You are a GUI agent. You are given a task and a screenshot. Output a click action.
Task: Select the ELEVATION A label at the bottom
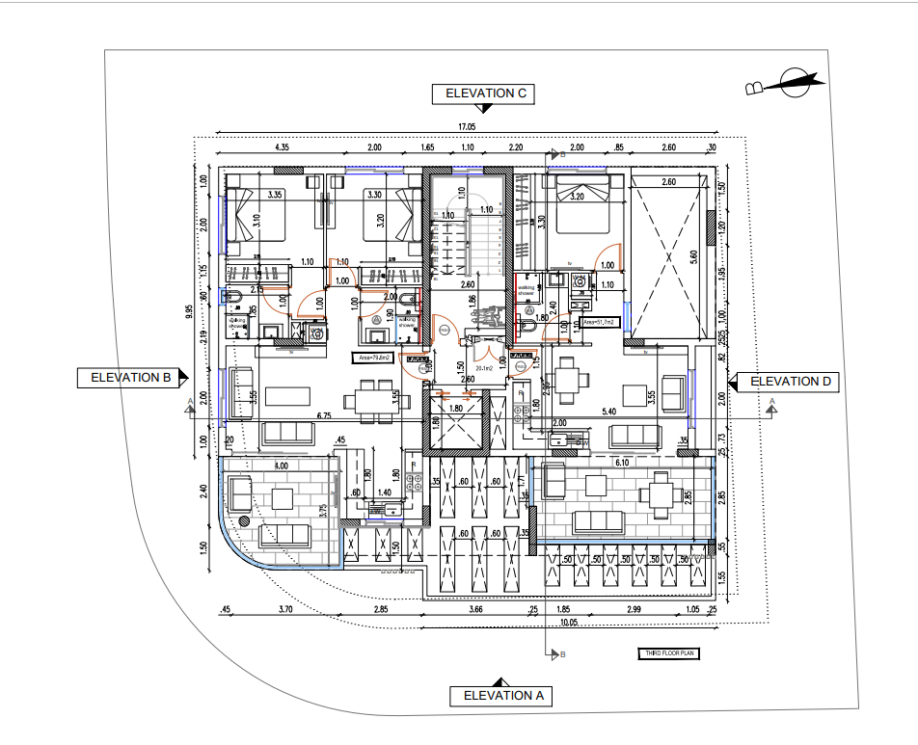pos(503,695)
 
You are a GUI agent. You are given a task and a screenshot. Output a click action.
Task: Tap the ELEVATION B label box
pos(130,378)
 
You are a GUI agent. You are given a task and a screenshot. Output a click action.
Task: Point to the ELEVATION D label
pos(790,381)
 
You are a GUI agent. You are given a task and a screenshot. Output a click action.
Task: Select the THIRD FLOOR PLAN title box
pos(667,654)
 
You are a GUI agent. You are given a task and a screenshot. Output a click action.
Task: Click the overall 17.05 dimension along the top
pos(467,126)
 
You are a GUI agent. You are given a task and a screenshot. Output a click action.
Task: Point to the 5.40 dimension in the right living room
pos(609,412)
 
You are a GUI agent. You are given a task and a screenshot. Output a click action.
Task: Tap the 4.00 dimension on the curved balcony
pos(282,466)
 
